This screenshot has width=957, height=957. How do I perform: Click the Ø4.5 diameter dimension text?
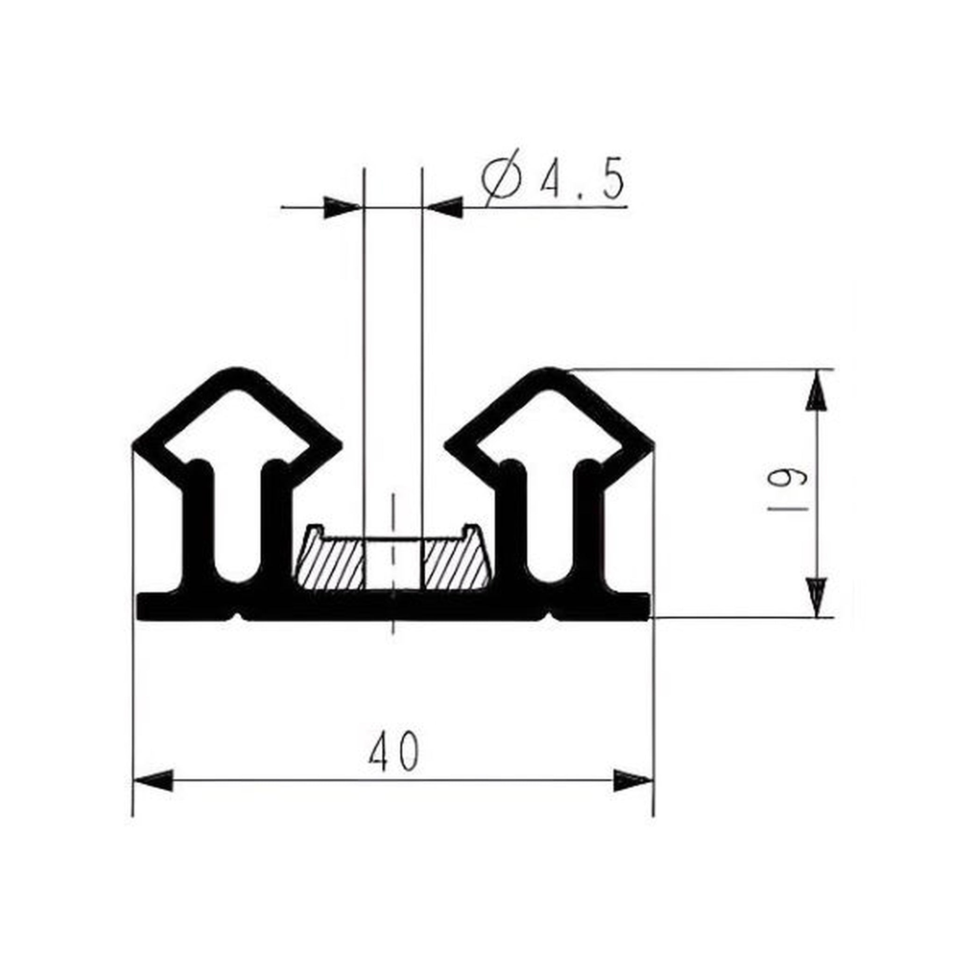552,179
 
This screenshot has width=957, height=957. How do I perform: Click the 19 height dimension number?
787,492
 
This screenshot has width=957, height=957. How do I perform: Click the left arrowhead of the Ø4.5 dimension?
342,207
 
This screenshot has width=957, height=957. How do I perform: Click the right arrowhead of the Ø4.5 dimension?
445,207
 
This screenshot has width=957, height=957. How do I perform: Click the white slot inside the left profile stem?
237,525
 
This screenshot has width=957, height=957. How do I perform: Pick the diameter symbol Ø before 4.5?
501,179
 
